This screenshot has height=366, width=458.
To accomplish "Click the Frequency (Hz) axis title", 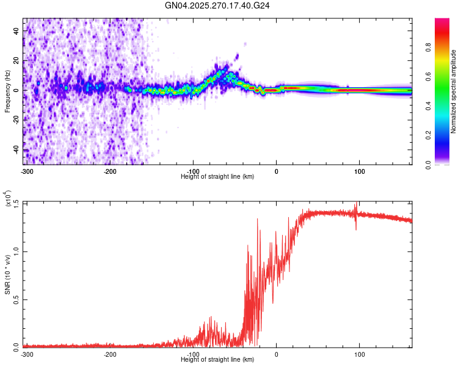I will (7, 91).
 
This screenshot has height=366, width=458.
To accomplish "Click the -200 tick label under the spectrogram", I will (110, 170).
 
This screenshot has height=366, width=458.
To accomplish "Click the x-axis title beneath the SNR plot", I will (217, 360).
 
